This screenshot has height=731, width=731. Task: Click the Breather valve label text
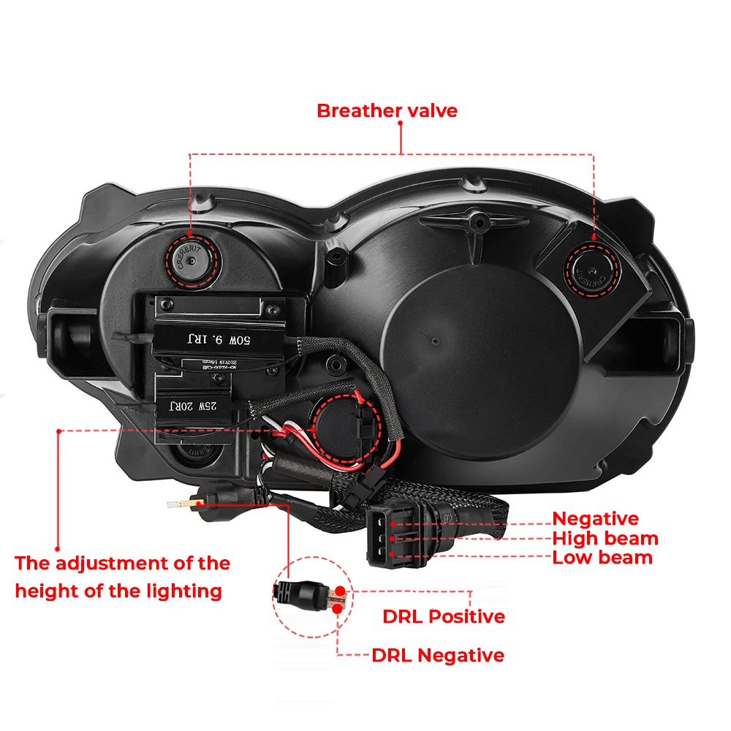(x=387, y=111)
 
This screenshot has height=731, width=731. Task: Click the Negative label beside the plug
(x=595, y=519)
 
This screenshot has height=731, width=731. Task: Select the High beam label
(x=605, y=539)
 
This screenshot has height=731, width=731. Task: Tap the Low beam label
(x=602, y=558)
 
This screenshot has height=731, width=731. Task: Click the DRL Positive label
(x=443, y=616)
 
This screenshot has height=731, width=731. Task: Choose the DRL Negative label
(x=437, y=655)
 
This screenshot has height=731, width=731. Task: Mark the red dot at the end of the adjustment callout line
(x=57, y=548)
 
